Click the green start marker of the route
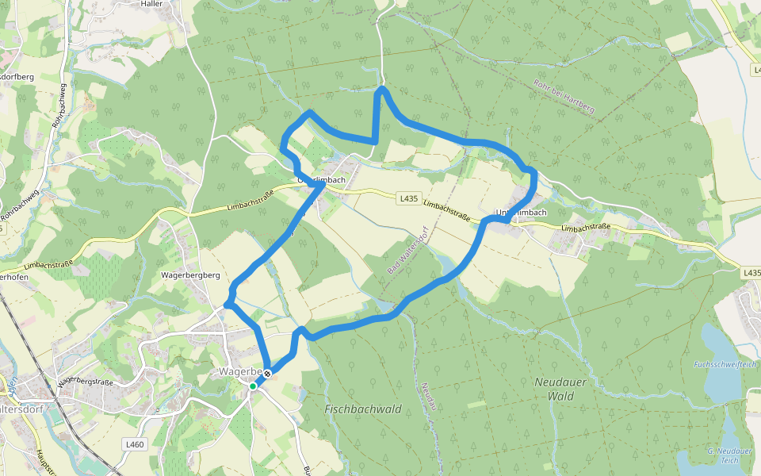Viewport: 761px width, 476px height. click(253, 386)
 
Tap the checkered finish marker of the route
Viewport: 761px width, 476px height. click(268, 373)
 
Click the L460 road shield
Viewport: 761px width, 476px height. click(135, 444)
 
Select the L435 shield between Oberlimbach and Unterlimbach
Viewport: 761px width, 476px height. click(408, 198)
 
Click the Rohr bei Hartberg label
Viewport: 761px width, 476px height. click(564, 97)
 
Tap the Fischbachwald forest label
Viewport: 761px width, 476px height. click(363, 409)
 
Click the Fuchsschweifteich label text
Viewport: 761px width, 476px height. click(725, 365)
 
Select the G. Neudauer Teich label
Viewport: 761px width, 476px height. click(723, 455)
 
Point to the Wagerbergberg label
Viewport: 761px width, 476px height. click(189, 275)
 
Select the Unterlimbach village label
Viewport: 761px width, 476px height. click(521, 213)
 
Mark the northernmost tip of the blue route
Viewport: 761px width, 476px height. click(382, 88)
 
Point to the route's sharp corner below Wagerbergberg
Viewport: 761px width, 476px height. click(228, 303)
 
